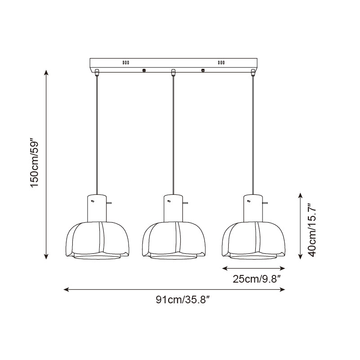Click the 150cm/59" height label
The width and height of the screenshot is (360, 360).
[x=35, y=163]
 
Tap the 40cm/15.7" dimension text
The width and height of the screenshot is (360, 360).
[x=312, y=230]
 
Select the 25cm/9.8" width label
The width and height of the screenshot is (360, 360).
[x=257, y=279]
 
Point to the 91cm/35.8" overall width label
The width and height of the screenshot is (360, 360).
[x=183, y=300]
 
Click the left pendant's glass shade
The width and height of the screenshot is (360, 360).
[x=98, y=240]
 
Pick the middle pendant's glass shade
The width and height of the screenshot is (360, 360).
[x=174, y=240]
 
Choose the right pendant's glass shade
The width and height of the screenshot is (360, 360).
[x=253, y=240]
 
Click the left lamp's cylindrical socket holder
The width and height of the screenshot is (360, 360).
[x=97, y=208]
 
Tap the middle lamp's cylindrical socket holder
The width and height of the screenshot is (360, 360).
[x=173, y=208]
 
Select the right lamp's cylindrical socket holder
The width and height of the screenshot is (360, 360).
[x=253, y=208]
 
